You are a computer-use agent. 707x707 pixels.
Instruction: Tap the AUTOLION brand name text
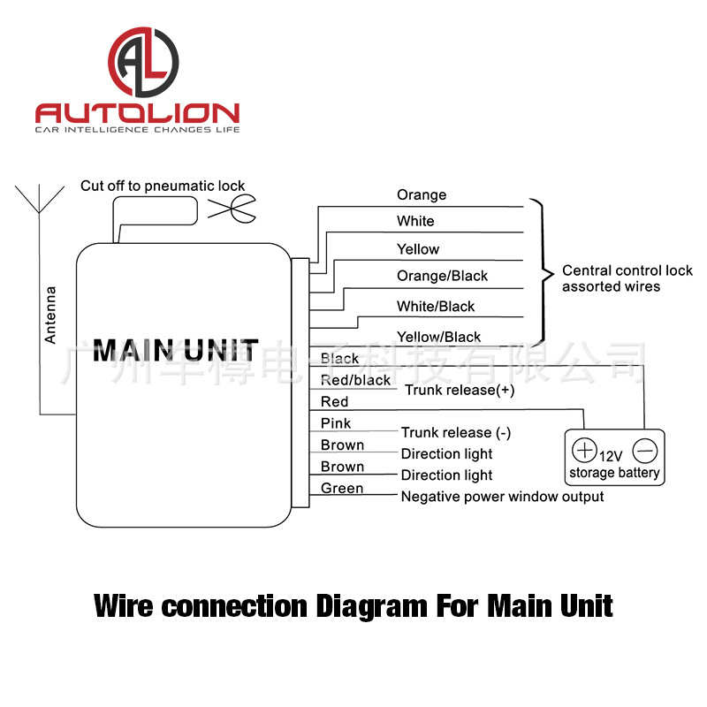[137, 113]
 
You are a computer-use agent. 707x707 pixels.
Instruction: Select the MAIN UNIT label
[176, 350]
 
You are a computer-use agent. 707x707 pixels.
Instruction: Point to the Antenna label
[50, 314]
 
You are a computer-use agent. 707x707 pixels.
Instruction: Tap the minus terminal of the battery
[646, 452]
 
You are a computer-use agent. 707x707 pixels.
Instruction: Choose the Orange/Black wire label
[442, 276]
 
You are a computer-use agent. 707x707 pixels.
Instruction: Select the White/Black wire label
[436, 306]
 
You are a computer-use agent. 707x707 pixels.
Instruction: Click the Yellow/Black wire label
[438, 336]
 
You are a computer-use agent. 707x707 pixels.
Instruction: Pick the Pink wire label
[336, 423]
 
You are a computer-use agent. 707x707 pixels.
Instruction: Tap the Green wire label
[341, 488]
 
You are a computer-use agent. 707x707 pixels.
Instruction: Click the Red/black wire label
[355, 380]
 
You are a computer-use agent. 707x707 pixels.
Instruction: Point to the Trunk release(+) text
[460, 390]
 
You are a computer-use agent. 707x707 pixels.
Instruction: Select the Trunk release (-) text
[455, 432]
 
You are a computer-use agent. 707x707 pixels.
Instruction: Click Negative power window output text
[502, 497]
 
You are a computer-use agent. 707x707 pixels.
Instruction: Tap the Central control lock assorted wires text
[627, 278]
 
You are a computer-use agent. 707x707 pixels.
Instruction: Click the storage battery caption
[614, 473]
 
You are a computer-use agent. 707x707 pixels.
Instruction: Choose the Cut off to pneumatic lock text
[163, 186]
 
